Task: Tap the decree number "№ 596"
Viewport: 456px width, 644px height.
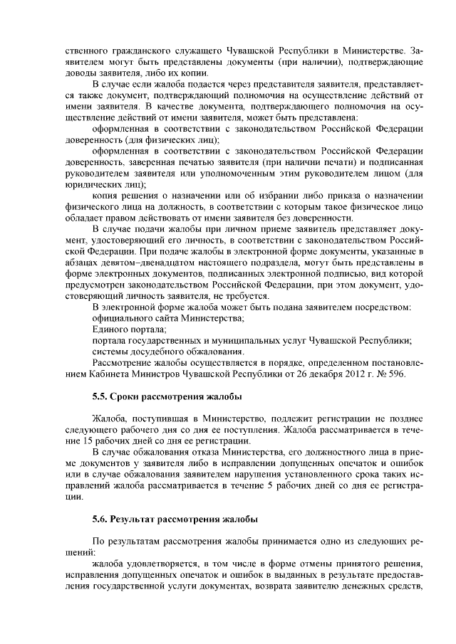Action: coord(394,374)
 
